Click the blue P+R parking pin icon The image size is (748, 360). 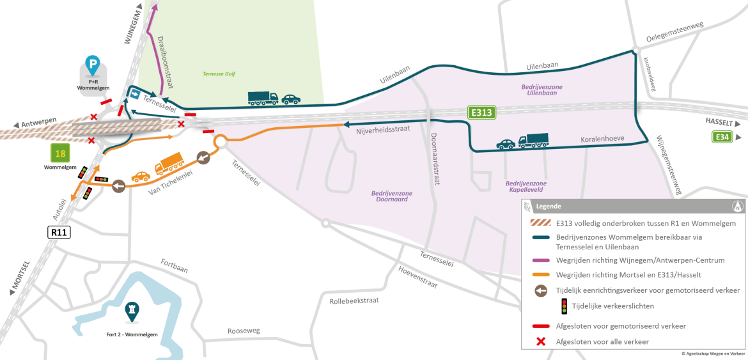[x=93, y=65]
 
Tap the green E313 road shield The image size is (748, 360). [x=481, y=112]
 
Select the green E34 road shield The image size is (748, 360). [x=722, y=137]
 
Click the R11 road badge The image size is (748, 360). [x=59, y=233]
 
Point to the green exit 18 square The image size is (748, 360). [x=60, y=153]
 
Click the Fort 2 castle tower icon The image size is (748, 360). [x=132, y=311]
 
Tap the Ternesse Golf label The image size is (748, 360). [x=219, y=74]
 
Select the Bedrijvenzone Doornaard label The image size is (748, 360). [x=392, y=197]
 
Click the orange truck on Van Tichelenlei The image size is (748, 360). [x=169, y=164]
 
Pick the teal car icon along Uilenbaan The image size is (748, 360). [x=291, y=99]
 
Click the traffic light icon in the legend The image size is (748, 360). [x=565, y=306]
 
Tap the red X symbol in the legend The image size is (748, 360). [x=540, y=341]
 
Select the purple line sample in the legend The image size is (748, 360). [x=540, y=260]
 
